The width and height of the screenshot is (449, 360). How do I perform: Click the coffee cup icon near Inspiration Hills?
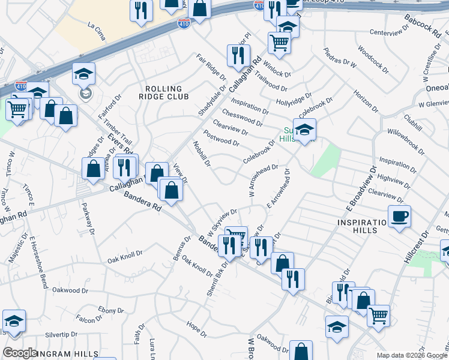click(x=399, y=216)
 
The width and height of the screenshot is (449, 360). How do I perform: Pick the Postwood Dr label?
click(x=221, y=139)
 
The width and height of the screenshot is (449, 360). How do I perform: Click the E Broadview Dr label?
click(x=360, y=191)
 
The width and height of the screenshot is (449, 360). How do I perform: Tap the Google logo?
click(x=19, y=353)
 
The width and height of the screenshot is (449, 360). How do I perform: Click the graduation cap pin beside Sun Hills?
click(x=304, y=131)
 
